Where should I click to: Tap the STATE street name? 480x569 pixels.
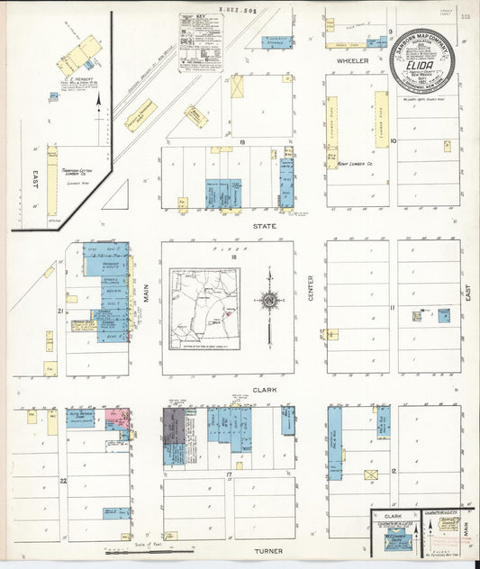point(264,226)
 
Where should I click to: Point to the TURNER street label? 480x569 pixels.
point(267,551)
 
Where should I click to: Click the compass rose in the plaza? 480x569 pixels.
point(268,300)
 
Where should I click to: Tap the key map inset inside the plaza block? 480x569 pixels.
point(204,307)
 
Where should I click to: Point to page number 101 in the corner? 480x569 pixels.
point(465,15)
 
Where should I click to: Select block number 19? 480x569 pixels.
point(242,142)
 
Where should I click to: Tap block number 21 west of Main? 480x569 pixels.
point(59,312)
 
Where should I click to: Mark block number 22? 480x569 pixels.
point(62,481)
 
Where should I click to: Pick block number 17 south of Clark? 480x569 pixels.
point(230,474)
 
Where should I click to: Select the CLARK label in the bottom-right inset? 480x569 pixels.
point(393,517)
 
